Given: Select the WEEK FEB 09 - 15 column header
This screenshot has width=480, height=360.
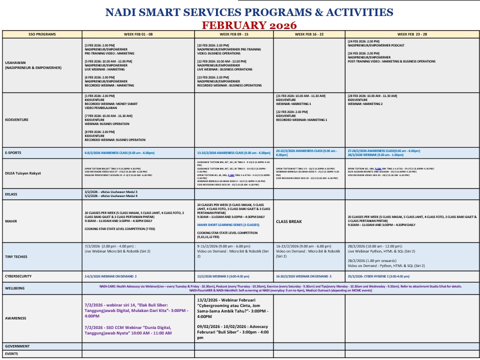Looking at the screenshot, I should tap(233, 34).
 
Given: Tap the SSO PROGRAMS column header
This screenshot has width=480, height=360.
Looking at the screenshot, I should tap(42, 34).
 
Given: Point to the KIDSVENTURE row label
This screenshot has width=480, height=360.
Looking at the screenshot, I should tap(16, 120).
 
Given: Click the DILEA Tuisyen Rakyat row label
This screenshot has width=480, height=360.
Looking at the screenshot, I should tap(23, 173).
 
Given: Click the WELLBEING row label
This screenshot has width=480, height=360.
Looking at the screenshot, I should tap(15, 288).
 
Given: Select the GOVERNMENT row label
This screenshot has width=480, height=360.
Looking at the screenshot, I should tap(17, 346).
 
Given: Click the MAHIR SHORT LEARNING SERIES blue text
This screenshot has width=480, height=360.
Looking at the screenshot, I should tap(228, 225).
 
